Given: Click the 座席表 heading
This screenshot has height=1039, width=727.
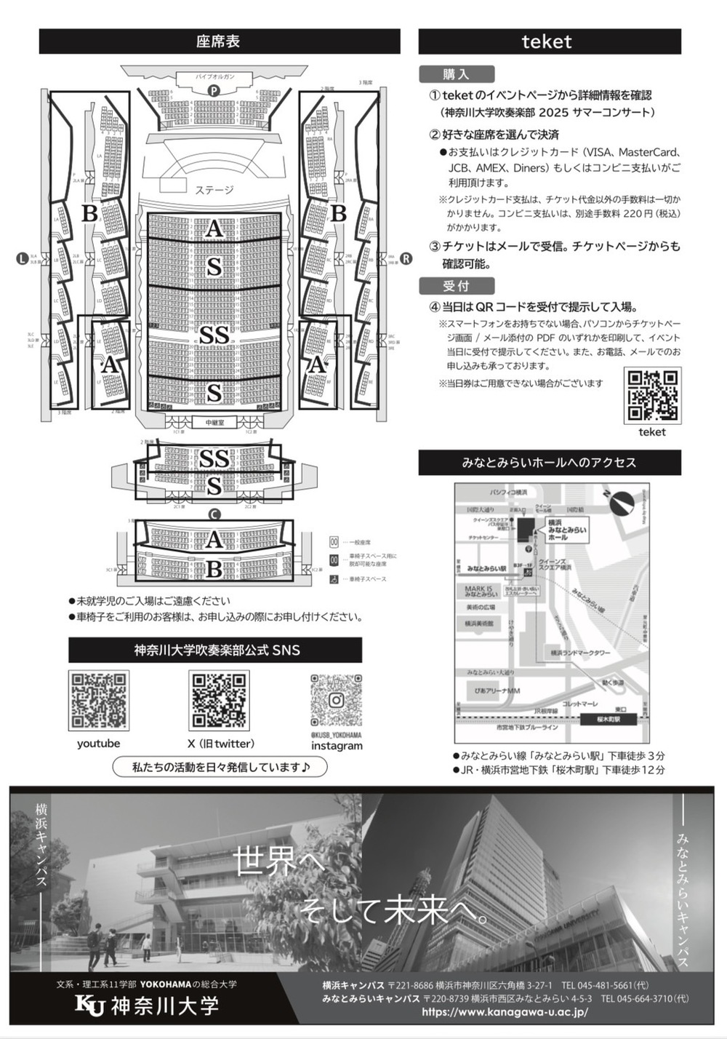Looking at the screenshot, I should click(218, 41).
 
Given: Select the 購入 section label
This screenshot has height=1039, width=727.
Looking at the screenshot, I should click(457, 74).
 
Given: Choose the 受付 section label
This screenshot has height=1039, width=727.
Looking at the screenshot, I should click(457, 285).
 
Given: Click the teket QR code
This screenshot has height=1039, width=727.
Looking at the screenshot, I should click(652, 396).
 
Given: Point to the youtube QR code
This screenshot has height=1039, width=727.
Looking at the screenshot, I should click(99, 701).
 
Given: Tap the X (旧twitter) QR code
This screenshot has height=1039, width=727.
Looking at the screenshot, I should click(219, 701).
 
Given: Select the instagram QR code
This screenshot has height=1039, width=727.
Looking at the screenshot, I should click(336, 701).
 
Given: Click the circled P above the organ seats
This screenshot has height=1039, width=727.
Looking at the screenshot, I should click(214, 91).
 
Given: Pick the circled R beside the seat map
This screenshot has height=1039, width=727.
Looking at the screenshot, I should click(406, 258).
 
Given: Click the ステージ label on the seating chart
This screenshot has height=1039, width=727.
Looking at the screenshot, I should click(214, 190).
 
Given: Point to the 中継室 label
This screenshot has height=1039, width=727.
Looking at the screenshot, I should click(214, 423).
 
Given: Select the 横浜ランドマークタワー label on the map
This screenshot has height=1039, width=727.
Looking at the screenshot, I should click(581, 653).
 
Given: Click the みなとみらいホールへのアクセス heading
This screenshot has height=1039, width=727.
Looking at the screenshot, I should click(549, 463).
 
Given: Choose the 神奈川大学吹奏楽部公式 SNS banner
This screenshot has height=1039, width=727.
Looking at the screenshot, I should click(216, 650).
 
